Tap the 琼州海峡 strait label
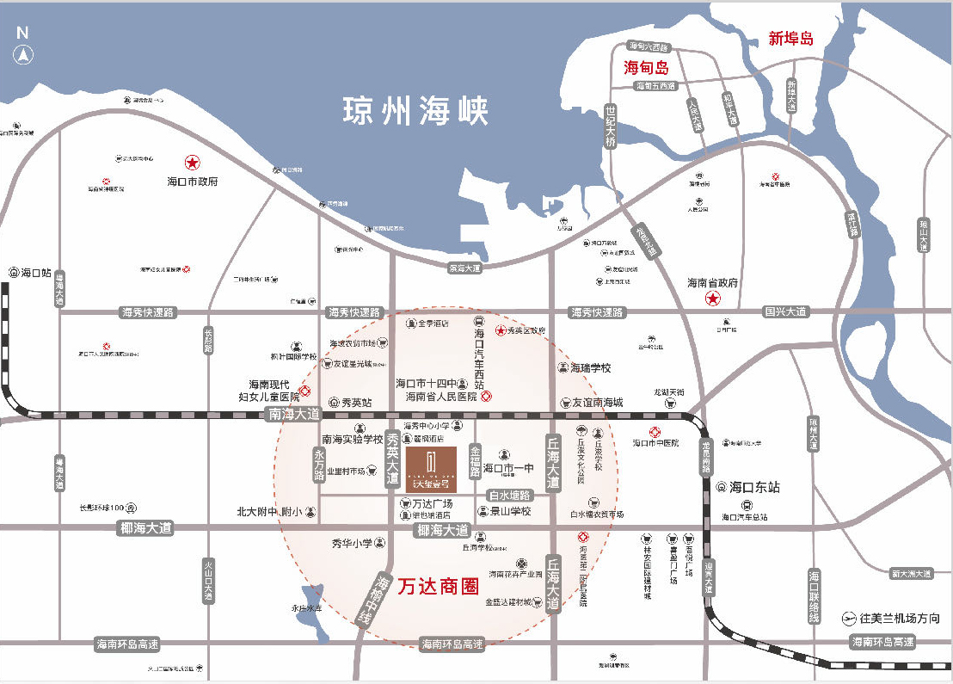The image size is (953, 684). pyautogui.click(x=415, y=111)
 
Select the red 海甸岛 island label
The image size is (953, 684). pyautogui.click(x=646, y=67)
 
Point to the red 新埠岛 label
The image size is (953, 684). pyautogui.click(x=790, y=39)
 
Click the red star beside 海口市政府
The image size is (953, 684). pyautogui.click(x=193, y=162)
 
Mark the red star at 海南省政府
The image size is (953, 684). pyautogui.click(x=713, y=299)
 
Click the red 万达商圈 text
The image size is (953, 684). pyautogui.click(x=439, y=587)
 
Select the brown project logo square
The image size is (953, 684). pyautogui.click(x=432, y=469)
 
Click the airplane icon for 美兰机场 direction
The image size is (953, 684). pyautogui.click(x=849, y=618)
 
